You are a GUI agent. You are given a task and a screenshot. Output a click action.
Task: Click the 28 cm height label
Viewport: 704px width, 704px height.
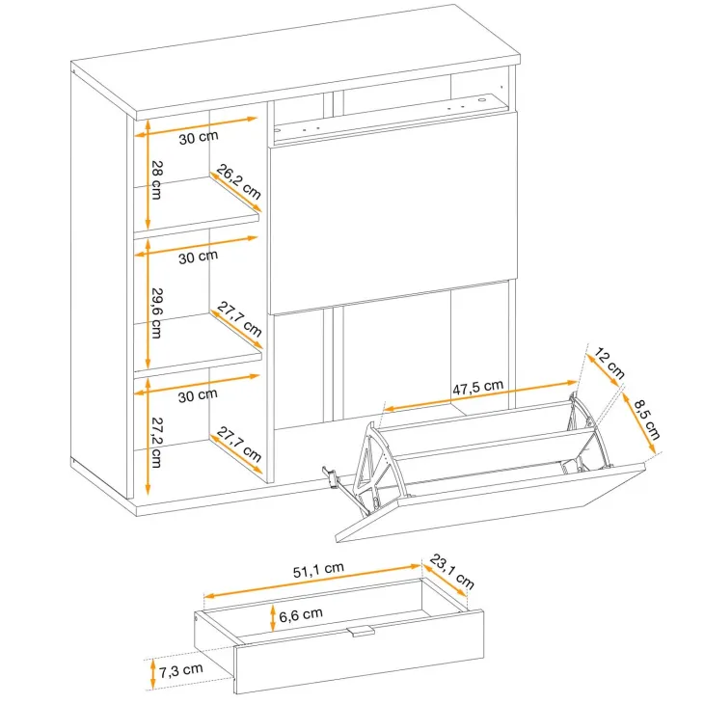click(x=156, y=179)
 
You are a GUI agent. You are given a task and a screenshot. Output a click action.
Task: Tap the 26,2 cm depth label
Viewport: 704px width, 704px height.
click(x=239, y=181)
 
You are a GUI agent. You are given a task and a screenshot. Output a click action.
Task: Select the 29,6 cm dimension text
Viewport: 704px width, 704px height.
click(x=156, y=312)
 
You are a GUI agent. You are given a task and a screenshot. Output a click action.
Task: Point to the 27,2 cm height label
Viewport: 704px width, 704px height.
click(x=156, y=443)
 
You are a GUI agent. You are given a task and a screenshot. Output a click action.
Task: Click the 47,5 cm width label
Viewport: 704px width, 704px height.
click(x=477, y=388)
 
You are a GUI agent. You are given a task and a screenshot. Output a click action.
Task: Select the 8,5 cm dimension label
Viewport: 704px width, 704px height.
click(x=647, y=420)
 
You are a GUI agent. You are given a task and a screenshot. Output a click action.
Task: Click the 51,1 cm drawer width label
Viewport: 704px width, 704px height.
click(x=318, y=570)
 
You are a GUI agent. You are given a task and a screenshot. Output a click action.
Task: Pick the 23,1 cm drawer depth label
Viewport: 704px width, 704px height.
click(x=451, y=571)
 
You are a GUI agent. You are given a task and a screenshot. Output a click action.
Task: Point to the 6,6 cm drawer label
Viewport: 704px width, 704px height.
click(x=300, y=614)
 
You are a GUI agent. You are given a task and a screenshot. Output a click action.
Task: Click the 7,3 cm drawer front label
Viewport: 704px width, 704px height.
click(x=180, y=670)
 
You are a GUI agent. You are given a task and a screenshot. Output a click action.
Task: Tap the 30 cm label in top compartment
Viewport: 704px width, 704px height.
click(x=199, y=137)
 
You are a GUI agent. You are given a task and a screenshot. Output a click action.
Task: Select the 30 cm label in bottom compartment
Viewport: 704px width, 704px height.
click(x=198, y=395)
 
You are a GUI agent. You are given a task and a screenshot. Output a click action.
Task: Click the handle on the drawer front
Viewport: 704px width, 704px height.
click(x=361, y=631)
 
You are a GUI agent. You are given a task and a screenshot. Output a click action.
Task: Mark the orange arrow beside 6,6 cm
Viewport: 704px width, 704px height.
click(x=273, y=618)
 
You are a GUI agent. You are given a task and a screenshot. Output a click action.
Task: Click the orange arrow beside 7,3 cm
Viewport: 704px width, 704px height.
click(x=153, y=673)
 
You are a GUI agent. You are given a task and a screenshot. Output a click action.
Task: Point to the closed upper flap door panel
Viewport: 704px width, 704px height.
click(x=393, y=212)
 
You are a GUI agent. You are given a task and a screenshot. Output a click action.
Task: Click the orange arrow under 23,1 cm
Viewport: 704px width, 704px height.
click(x=444, y=581)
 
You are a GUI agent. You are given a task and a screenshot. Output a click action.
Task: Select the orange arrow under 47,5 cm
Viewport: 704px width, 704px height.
click(x=480, y=395)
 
